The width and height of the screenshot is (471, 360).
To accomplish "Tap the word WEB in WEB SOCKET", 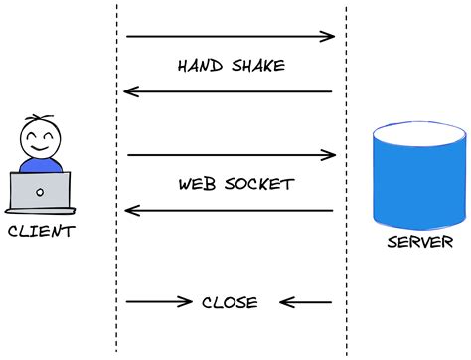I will coord(198,185).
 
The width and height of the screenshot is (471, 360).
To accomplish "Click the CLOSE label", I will coord(230,303).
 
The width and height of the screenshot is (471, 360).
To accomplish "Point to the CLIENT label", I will coord(40,232).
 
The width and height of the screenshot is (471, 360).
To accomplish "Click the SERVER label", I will coord(421,242).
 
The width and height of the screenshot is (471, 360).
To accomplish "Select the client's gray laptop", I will coord(40,191).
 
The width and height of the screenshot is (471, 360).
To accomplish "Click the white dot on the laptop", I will coord(40,191).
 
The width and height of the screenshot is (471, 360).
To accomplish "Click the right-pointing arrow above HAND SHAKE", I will coord(231,37).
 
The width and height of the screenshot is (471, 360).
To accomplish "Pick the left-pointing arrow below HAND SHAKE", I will coord(228,92).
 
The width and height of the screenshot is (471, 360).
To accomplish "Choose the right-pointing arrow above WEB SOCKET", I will coord(232,155).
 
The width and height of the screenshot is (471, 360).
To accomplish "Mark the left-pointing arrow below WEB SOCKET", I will coord(228,210).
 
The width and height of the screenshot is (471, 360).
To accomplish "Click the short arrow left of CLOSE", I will coord(159,302).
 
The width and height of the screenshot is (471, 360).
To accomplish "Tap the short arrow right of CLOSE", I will coord(305,302).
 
